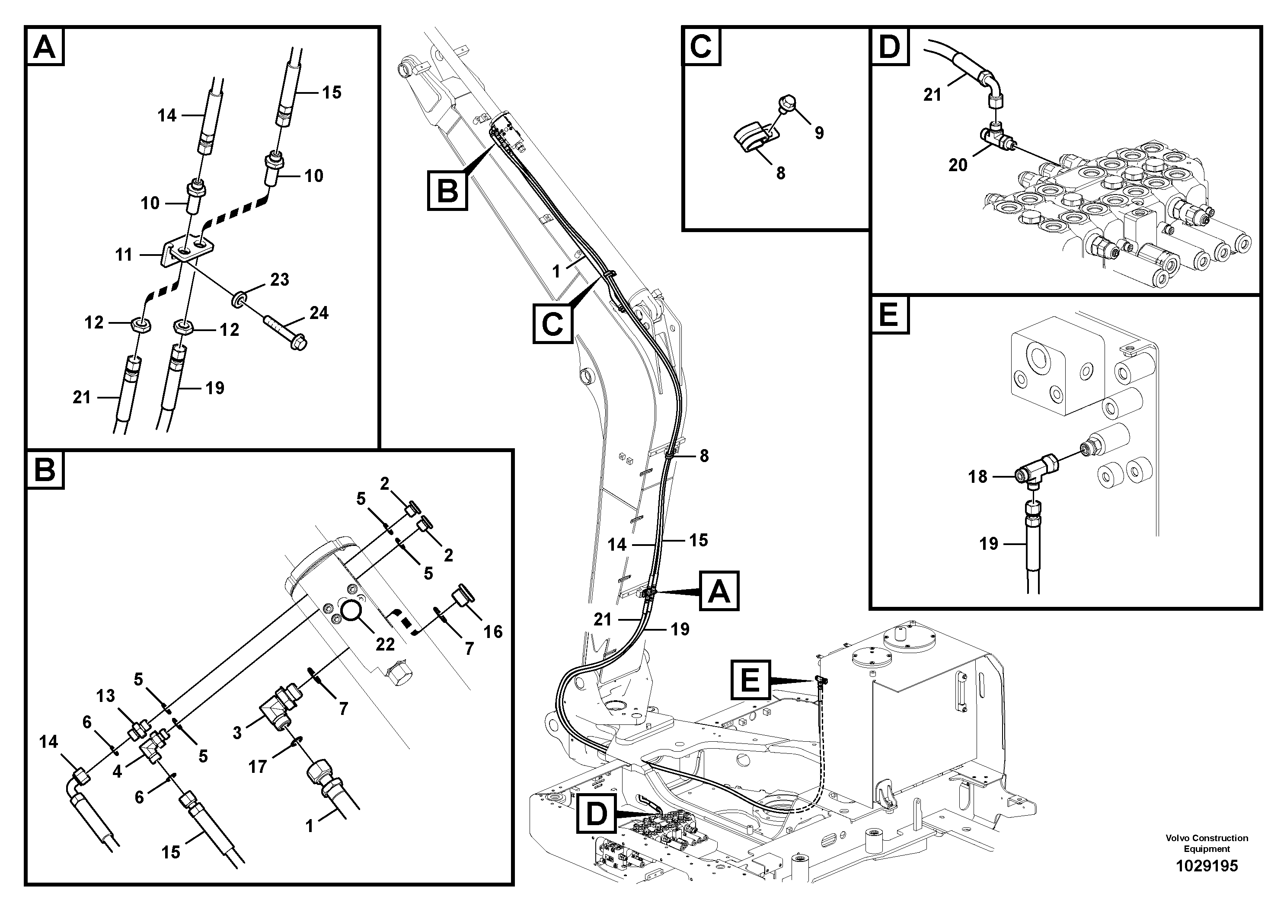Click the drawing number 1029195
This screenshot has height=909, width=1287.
(x=1206, y=866)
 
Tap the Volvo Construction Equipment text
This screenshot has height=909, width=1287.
(x=1206, y=843)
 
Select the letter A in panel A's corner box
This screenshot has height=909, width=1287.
(x=45, y=47)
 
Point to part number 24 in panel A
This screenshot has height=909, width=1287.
(x=319, y=313)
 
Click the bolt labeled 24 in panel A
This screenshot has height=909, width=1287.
(x=285, y=333)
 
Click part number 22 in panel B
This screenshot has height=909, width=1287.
(x=385, y=644)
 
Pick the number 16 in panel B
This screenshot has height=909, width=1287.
(x=493, y=632)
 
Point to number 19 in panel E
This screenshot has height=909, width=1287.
(x=988, y=544)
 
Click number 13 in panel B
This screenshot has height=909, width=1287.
(x=105, y=695)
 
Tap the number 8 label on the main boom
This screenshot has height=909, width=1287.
(x=705, y=456)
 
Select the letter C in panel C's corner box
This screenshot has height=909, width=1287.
(x=701, y=47)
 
